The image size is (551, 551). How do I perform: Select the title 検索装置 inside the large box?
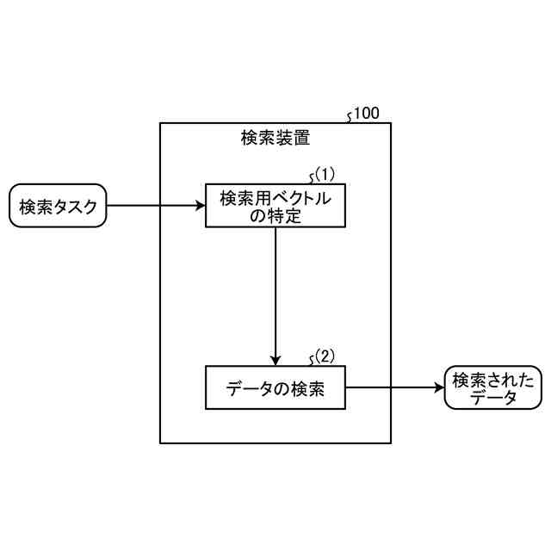tap(275, 138)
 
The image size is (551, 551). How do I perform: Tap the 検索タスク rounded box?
tap(57, 206)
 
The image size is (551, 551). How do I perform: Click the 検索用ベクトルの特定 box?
tap(275, 206)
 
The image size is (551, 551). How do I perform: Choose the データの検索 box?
tap(275, 387)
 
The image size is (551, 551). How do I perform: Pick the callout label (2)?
tap(325, 355)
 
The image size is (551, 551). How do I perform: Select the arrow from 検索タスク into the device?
tap(155, 206)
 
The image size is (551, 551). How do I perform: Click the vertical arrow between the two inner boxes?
tap(275, 293)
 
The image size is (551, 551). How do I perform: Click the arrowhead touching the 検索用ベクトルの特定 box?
tap(199, 206)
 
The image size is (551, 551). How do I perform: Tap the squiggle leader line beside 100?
tap(349, 116)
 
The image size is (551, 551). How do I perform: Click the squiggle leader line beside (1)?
tap(311, 177)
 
